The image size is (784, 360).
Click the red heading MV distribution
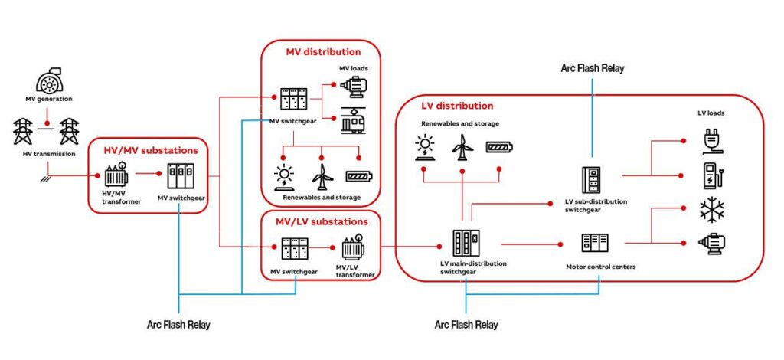click(323, 52)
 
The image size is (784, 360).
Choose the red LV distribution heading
click(457, 106)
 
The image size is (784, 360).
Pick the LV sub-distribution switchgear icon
click(592, 179)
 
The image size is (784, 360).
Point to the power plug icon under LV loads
click(712, 141)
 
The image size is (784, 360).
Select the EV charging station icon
click(712, 175)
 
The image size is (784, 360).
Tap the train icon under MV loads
click(353, 119)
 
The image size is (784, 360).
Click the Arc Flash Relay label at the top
click(592, 68)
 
